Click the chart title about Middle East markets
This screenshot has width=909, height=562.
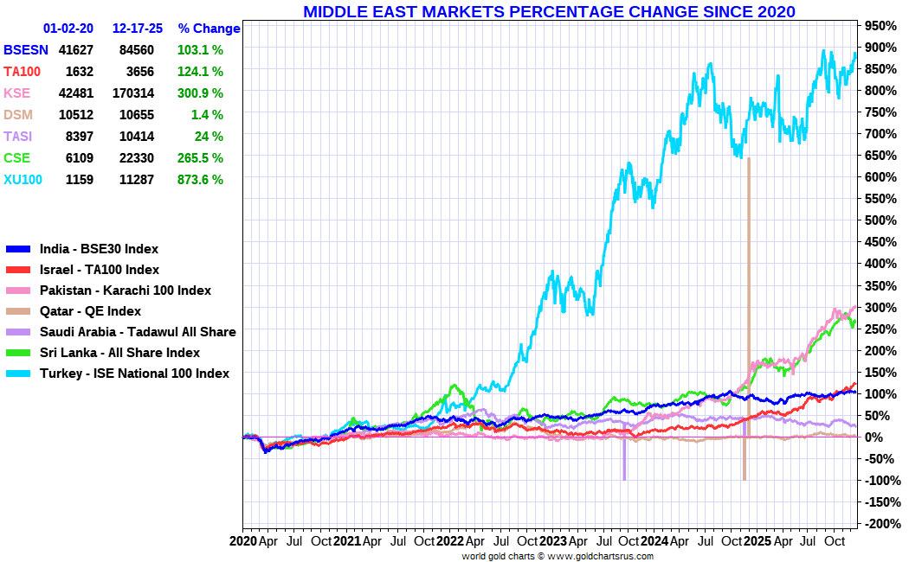[549, 11]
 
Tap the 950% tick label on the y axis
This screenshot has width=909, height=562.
[880, 25]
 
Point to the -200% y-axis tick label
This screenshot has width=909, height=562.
[880, 524]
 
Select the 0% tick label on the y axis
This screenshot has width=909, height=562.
[874, 437]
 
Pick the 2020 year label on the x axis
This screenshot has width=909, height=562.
[243, 541]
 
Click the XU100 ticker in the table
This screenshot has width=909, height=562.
[23, 180]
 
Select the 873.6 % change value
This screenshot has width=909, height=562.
[200, 180]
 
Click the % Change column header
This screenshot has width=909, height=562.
[209, 29]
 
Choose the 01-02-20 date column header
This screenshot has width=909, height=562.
[68, 29]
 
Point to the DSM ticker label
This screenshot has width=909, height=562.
[18, 115]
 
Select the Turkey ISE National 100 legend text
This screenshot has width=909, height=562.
[134, 374]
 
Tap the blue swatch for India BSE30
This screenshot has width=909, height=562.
[18, 250]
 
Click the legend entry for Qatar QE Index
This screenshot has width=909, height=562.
[90, 311]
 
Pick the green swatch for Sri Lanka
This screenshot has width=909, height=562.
[18, 353]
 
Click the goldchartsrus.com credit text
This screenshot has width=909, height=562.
[558, 556]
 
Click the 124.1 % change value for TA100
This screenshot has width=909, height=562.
[200, 72]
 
